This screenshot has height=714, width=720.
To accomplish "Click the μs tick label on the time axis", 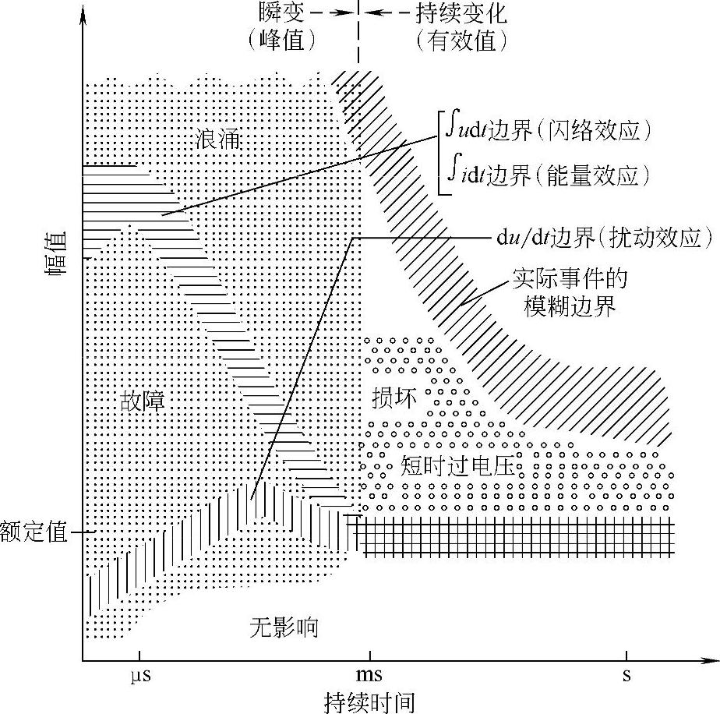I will click(x=139, y=675).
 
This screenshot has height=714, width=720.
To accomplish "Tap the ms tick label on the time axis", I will click(x=369, y=675).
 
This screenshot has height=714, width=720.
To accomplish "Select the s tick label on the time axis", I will click(x=626, y=675).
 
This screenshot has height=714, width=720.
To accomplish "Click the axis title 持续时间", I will click(x=369, y=701).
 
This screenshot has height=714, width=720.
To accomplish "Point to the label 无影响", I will click(x=284, y=627).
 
